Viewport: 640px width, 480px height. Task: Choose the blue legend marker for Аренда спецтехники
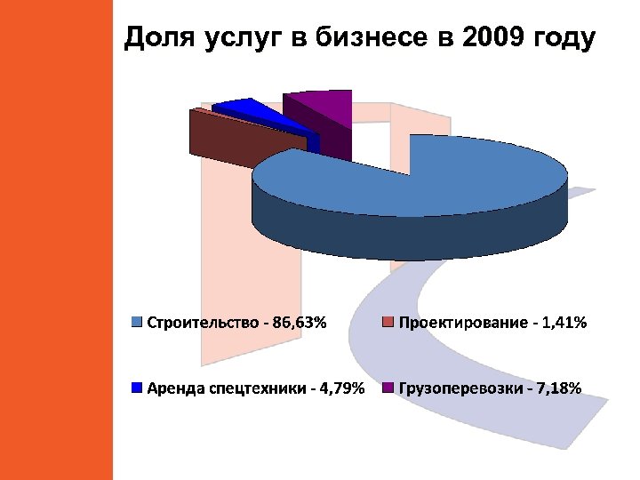point(136,388)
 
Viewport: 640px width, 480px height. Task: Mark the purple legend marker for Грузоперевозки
point(388,388)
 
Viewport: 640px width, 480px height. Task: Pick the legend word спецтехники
point(252,388)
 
